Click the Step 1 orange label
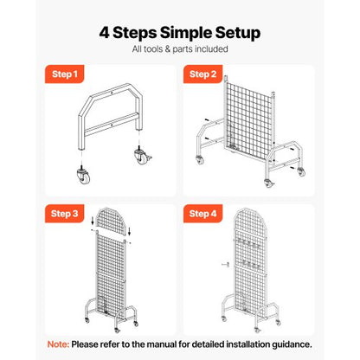click(x=61, y=75)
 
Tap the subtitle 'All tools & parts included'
click(x=180, y=51)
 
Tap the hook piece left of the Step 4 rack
click(x=222, y=265)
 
